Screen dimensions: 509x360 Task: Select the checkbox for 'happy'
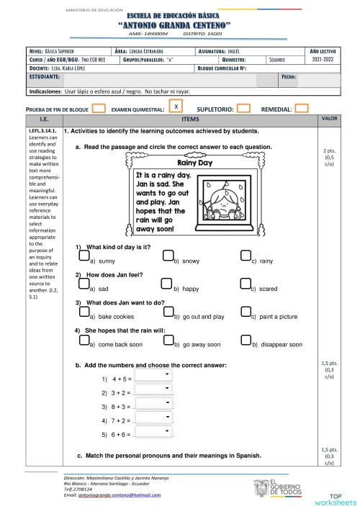[x=168, y=284]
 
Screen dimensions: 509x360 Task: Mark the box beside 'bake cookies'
[x=84, y=311]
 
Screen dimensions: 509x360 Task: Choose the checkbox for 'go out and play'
[x=168, y=311]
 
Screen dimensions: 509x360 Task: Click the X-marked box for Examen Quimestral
[x=175, y=107]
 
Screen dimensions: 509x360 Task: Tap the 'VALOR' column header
[x=329, y=118]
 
